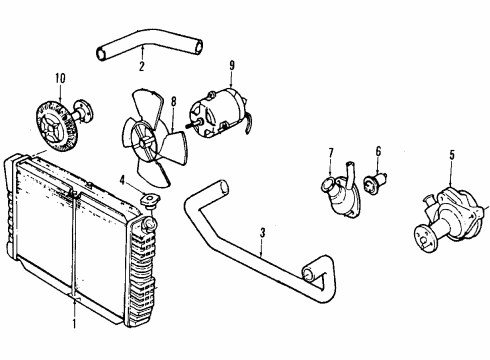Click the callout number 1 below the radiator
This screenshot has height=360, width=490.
72,323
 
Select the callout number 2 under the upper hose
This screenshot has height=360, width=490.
142,67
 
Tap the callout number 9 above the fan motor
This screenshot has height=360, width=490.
232,67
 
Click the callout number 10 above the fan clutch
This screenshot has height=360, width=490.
60,77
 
